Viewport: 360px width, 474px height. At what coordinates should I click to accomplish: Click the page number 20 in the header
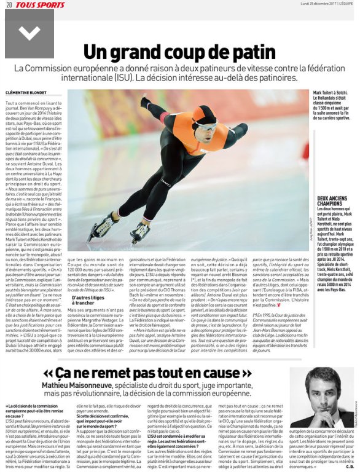(x=9, y=4)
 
